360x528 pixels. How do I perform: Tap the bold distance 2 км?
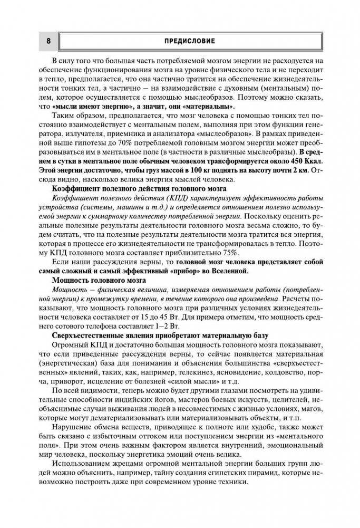tap(298, 169)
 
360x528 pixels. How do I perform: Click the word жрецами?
tap(129, 466)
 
